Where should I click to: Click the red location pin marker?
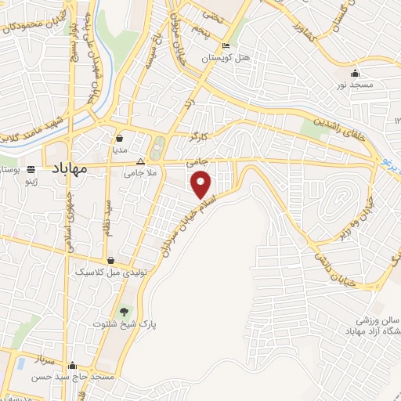tap(201, 185)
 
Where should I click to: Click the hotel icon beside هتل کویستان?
tap(226, 45)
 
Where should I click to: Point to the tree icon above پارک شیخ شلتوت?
tap(125, 312)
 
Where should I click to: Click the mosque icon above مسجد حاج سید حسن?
tap(73, 365)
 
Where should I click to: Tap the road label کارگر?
tap(200, 136)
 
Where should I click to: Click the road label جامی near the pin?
tap(195, 162)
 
